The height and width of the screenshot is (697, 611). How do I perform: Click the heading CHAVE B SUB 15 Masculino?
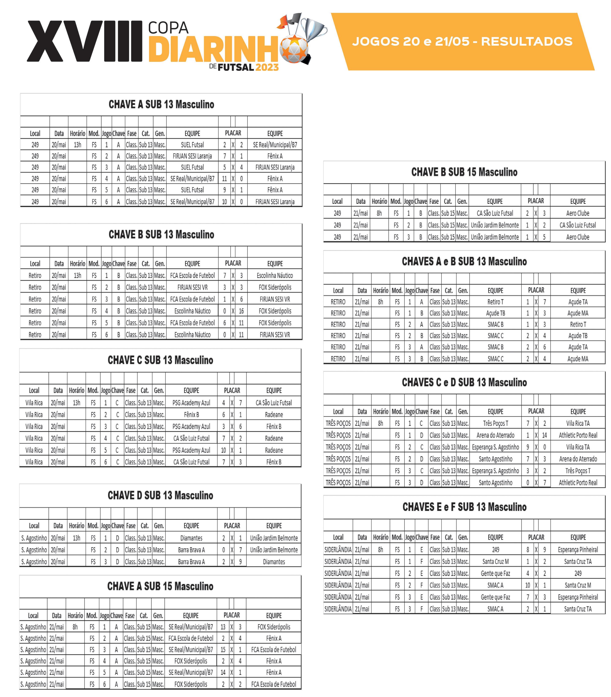coord(464,172)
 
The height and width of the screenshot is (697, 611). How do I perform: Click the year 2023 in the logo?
coord(267,67)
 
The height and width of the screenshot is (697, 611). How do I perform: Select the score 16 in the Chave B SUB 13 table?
coord(241,311)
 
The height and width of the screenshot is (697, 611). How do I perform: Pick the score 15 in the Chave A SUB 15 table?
coord(223,650)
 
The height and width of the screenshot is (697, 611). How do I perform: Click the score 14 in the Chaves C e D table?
coord(544,435)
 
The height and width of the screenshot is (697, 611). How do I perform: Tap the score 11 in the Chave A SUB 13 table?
coord(224,179)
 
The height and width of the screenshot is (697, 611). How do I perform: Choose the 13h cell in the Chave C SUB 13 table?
coord(76,403)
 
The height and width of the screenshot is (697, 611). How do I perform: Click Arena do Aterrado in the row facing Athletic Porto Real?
coord(495,435)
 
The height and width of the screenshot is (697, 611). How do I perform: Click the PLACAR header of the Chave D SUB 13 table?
coord(232,525)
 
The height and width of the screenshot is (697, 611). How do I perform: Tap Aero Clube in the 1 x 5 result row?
coord(578,237)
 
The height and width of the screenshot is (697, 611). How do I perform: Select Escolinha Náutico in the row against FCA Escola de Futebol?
coord(275,276)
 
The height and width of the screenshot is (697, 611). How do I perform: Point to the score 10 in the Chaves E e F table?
coord(527,585)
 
